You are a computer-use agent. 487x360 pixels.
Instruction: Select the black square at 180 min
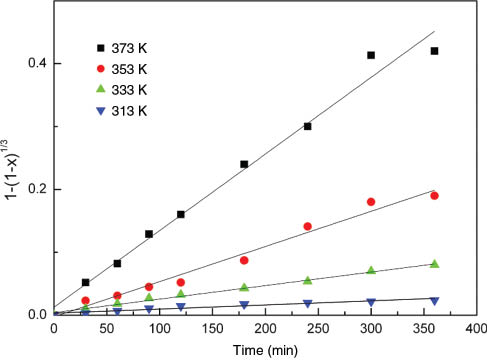[x=244, y=164]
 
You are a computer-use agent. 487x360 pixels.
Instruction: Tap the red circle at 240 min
[x=307, y=226]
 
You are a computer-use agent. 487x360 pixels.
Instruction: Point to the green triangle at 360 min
[x=434, y=263]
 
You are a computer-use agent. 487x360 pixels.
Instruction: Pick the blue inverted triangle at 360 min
[x=434, y=300]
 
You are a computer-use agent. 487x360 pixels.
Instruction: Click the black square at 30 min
[x=86, y=282]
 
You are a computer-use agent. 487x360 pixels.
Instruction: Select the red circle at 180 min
[x=244, y=260]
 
